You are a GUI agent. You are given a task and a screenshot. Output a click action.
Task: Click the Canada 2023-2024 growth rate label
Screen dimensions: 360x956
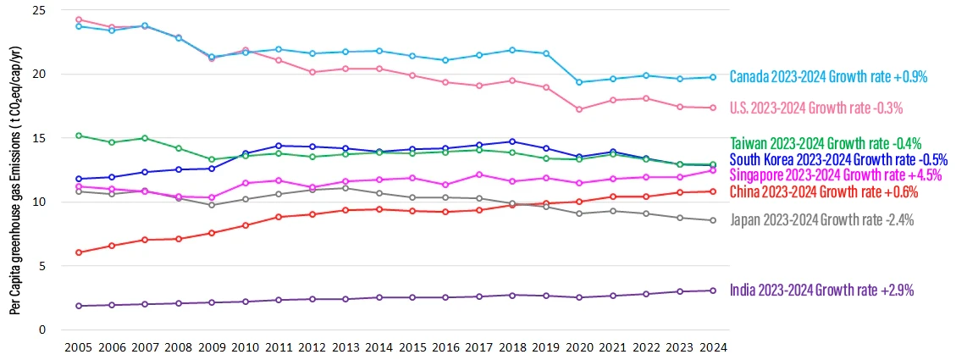click(x=827, y=77)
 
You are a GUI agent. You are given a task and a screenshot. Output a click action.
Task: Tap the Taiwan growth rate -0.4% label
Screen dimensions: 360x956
click(x=825, y=143)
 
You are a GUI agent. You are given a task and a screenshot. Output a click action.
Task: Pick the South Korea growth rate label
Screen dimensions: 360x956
click(x=837, y=159)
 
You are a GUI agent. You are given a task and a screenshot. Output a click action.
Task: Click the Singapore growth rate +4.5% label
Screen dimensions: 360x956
click(x=834, y=175)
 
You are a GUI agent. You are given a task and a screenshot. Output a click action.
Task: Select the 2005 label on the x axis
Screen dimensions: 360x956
click(x=79, y=347)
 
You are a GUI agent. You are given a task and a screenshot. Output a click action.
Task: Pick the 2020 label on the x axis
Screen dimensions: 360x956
click(x=578, y=347)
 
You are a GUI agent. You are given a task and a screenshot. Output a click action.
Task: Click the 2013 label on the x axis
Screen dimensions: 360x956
click(x=345, y=347)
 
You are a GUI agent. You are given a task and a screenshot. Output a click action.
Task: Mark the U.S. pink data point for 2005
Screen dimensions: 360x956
click(x=79, y=19)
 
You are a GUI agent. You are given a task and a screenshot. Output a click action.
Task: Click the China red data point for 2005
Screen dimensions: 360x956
click(x=79, y=252)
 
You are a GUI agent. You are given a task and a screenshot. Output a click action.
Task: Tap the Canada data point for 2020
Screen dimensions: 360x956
click(x=578, y=82)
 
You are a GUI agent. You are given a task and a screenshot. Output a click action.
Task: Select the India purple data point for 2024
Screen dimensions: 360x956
click(x=712, y=291)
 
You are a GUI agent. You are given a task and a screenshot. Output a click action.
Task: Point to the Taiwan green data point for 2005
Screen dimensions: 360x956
click(x=79, y=136)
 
